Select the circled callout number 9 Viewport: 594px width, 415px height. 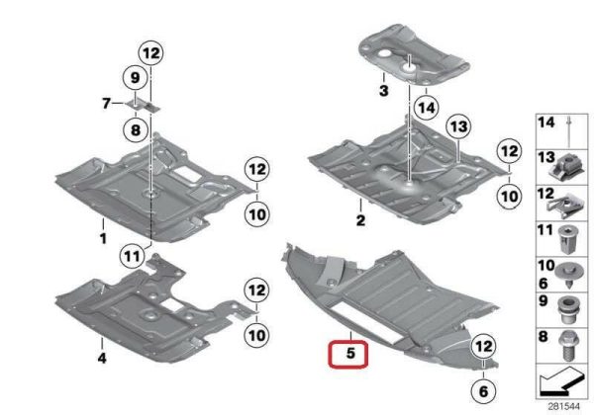coord(136,78)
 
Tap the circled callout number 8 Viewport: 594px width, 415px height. coord(136,130)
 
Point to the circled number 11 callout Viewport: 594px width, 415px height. coord(132,257)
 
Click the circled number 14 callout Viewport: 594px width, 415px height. coord(426,108)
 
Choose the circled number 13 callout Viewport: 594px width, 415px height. coord(458,126)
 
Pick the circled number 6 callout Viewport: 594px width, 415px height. coord(483,391)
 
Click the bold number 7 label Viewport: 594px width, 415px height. coord(107,103)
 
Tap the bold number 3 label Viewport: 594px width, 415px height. coord(384,91)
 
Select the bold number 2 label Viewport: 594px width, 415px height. coord(360,220)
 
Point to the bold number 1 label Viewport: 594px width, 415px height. coord(103,239)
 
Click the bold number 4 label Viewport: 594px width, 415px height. coord(102,358)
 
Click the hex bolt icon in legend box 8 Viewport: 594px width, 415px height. coord(567,346)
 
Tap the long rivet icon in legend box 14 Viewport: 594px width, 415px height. coord(570,131)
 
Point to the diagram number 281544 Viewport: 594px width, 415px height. coord(563,407)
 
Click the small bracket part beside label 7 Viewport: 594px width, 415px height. coord(144,105)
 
